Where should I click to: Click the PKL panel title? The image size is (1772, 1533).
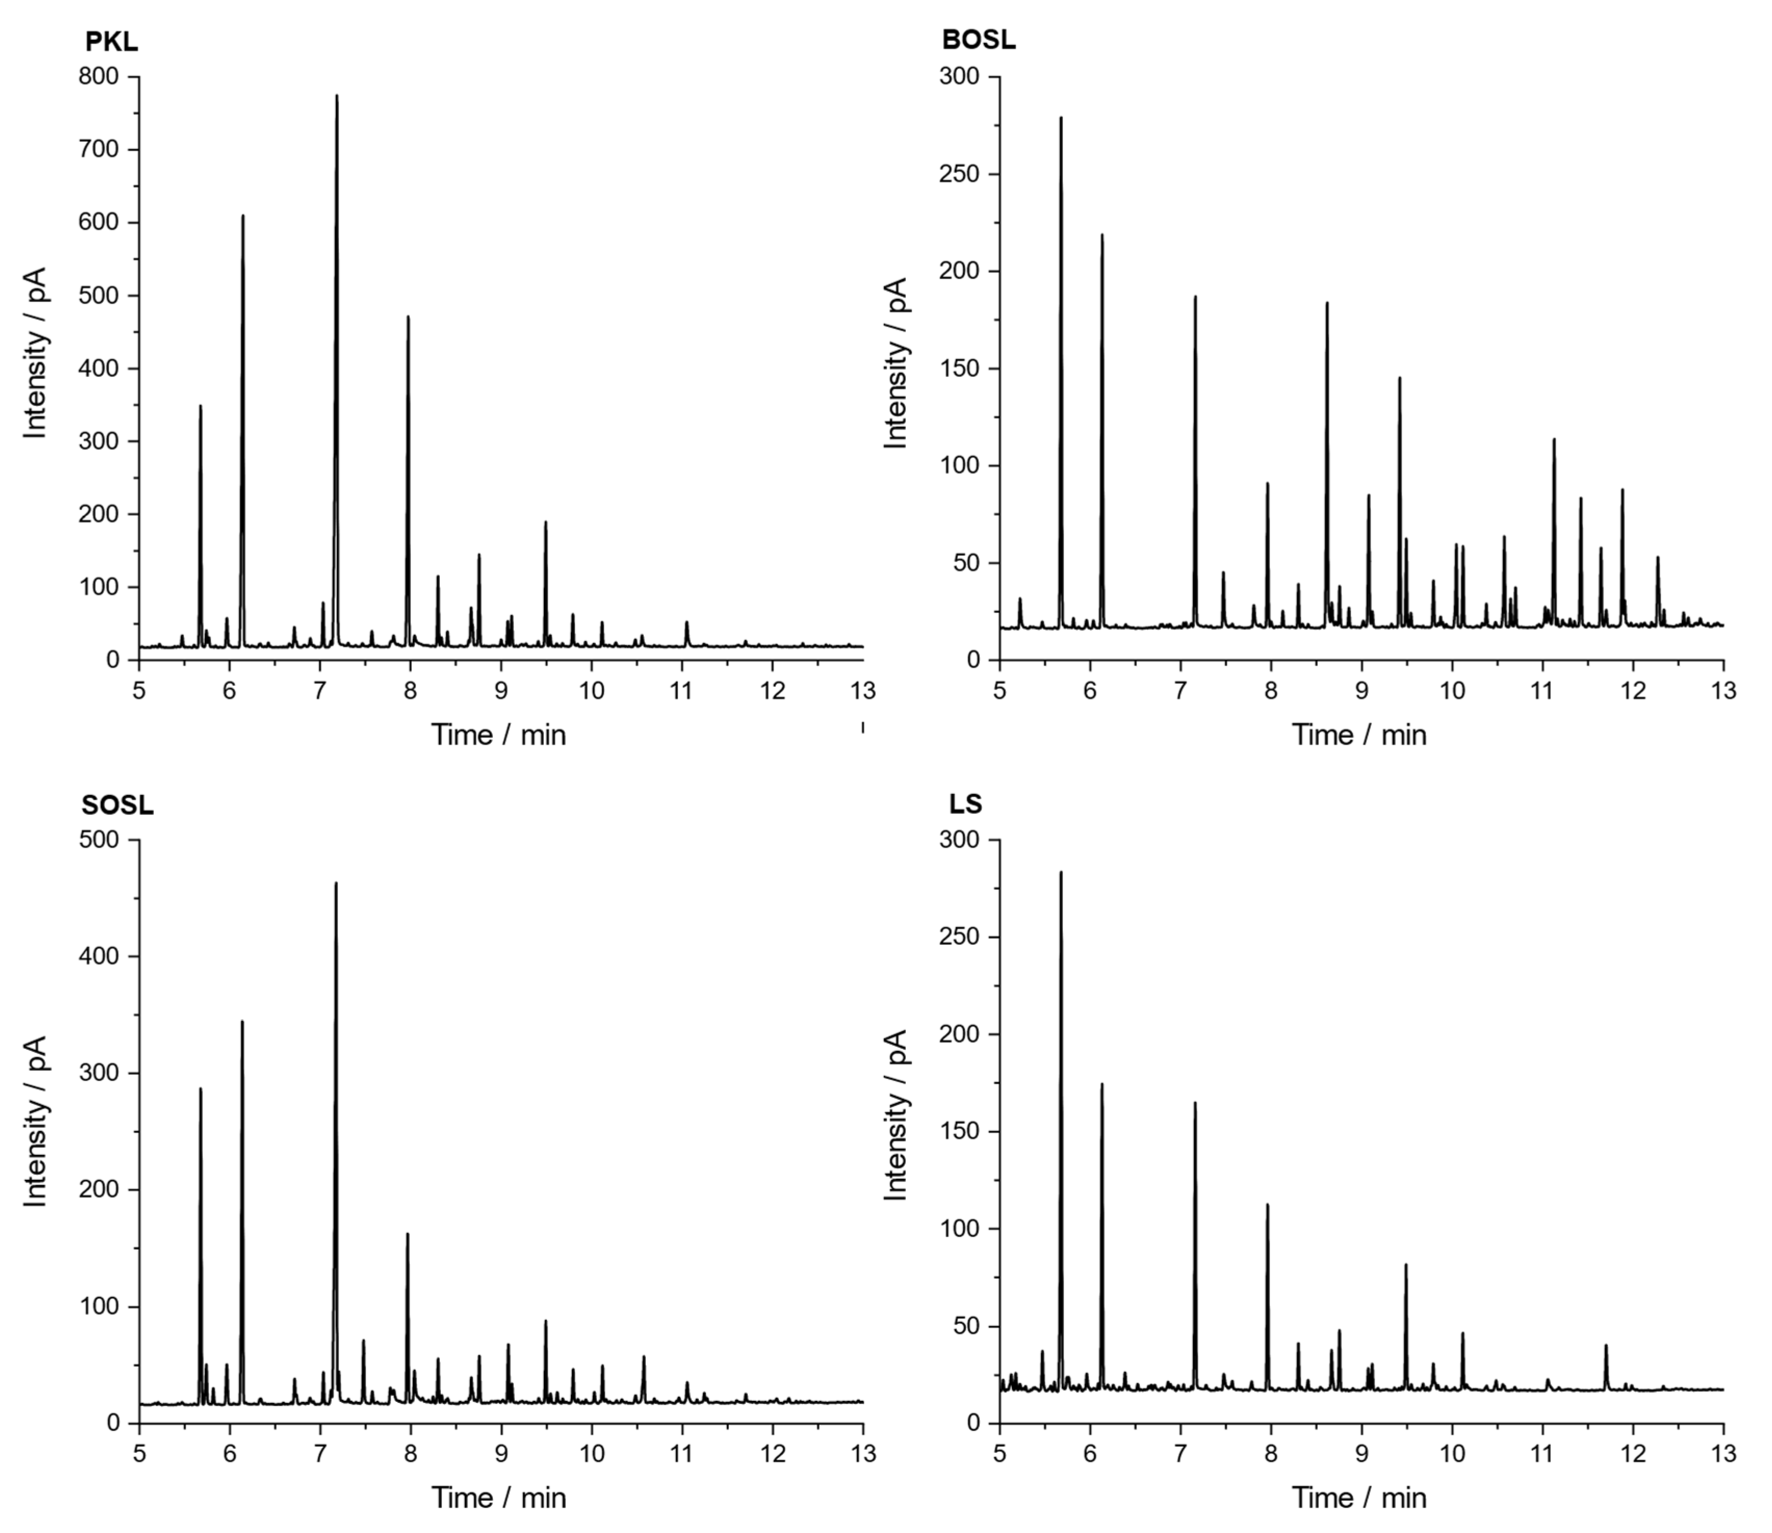tap(111, 41)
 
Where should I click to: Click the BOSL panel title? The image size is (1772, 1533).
tap(979, 40)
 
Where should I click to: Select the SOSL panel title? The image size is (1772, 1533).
tap(117, 805)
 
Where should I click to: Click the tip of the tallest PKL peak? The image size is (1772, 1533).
tap(337, 96)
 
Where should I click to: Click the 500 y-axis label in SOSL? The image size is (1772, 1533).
tap(98, 840)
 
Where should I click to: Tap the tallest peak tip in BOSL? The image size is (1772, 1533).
tap(1061, 118)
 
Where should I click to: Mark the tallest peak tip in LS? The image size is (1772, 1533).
tap(1061, 873)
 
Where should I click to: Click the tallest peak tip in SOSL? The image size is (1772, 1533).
tap(336, 883)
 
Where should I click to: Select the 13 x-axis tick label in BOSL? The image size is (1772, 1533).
tap(1723, 690)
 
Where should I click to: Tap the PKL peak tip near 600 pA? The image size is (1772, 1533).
tap(243, 216)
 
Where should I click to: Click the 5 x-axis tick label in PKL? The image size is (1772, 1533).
tap(139, 690)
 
